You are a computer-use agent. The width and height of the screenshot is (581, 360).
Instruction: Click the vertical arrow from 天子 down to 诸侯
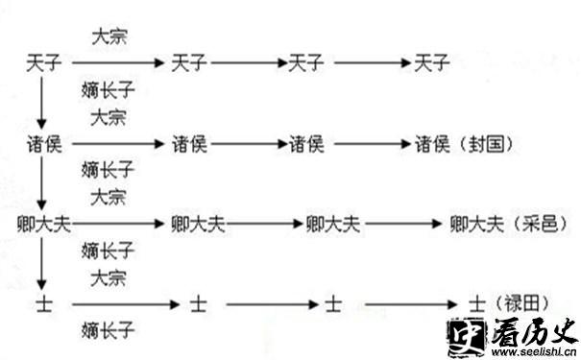point(41,104)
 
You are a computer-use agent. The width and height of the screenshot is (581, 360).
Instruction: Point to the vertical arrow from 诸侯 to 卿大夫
point(41,182)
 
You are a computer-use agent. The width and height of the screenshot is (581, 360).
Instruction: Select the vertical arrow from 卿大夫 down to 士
point(41,261)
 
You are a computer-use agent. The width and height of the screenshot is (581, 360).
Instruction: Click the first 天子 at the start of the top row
point(43,64)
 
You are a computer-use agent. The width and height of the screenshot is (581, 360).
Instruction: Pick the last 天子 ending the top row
point(431,64)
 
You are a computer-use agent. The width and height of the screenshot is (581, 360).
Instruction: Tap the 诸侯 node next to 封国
point(431,145)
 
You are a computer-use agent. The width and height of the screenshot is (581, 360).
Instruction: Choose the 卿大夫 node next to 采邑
point(476,224)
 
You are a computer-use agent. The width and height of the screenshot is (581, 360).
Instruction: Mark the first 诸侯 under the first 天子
point(43,145)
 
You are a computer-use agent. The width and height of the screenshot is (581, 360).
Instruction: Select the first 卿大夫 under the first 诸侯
point(48,224)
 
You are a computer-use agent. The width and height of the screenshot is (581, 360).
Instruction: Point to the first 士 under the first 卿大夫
point(43,303)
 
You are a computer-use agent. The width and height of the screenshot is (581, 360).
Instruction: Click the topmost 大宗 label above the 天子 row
point(109,38)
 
